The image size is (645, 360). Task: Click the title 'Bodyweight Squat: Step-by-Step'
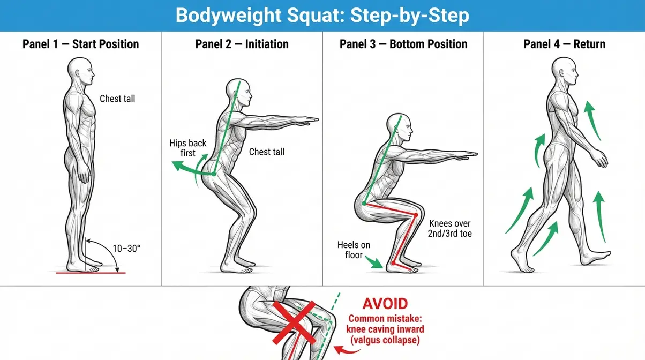(322, 16)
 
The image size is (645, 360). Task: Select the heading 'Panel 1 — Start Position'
(81, 44)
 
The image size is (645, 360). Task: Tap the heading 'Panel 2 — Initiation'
(242, 44)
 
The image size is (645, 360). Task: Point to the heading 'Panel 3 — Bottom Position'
(403, 44)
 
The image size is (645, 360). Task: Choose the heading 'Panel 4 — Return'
(565, 44)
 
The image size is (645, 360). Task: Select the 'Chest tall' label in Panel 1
(117, 99)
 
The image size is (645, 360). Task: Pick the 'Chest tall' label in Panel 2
(267, 152)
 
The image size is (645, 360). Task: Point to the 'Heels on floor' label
(354, 250)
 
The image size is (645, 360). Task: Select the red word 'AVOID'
(385, 304)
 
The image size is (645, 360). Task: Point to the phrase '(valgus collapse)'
(384, 340)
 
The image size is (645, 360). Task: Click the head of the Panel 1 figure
(80, 71)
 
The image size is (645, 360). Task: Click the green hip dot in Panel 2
(214, 174)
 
